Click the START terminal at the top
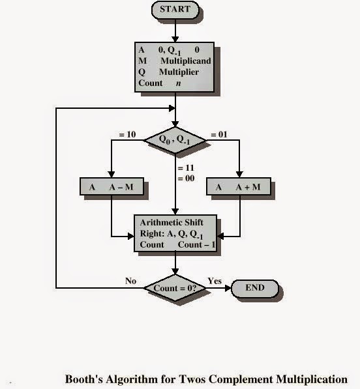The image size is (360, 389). [174, 9]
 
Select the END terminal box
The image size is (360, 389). [254, 288]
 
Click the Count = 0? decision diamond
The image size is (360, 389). [175, 287]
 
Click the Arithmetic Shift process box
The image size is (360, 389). [174, 233]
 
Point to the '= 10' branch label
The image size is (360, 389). [127, 134]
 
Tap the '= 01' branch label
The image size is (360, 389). [217, 134]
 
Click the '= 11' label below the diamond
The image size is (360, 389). [187, 167]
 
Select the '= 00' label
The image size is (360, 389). [187, 178]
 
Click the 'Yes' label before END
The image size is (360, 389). [215, 281]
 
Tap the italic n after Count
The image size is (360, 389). [177, 83]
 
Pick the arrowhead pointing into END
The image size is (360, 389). [229, 288]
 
